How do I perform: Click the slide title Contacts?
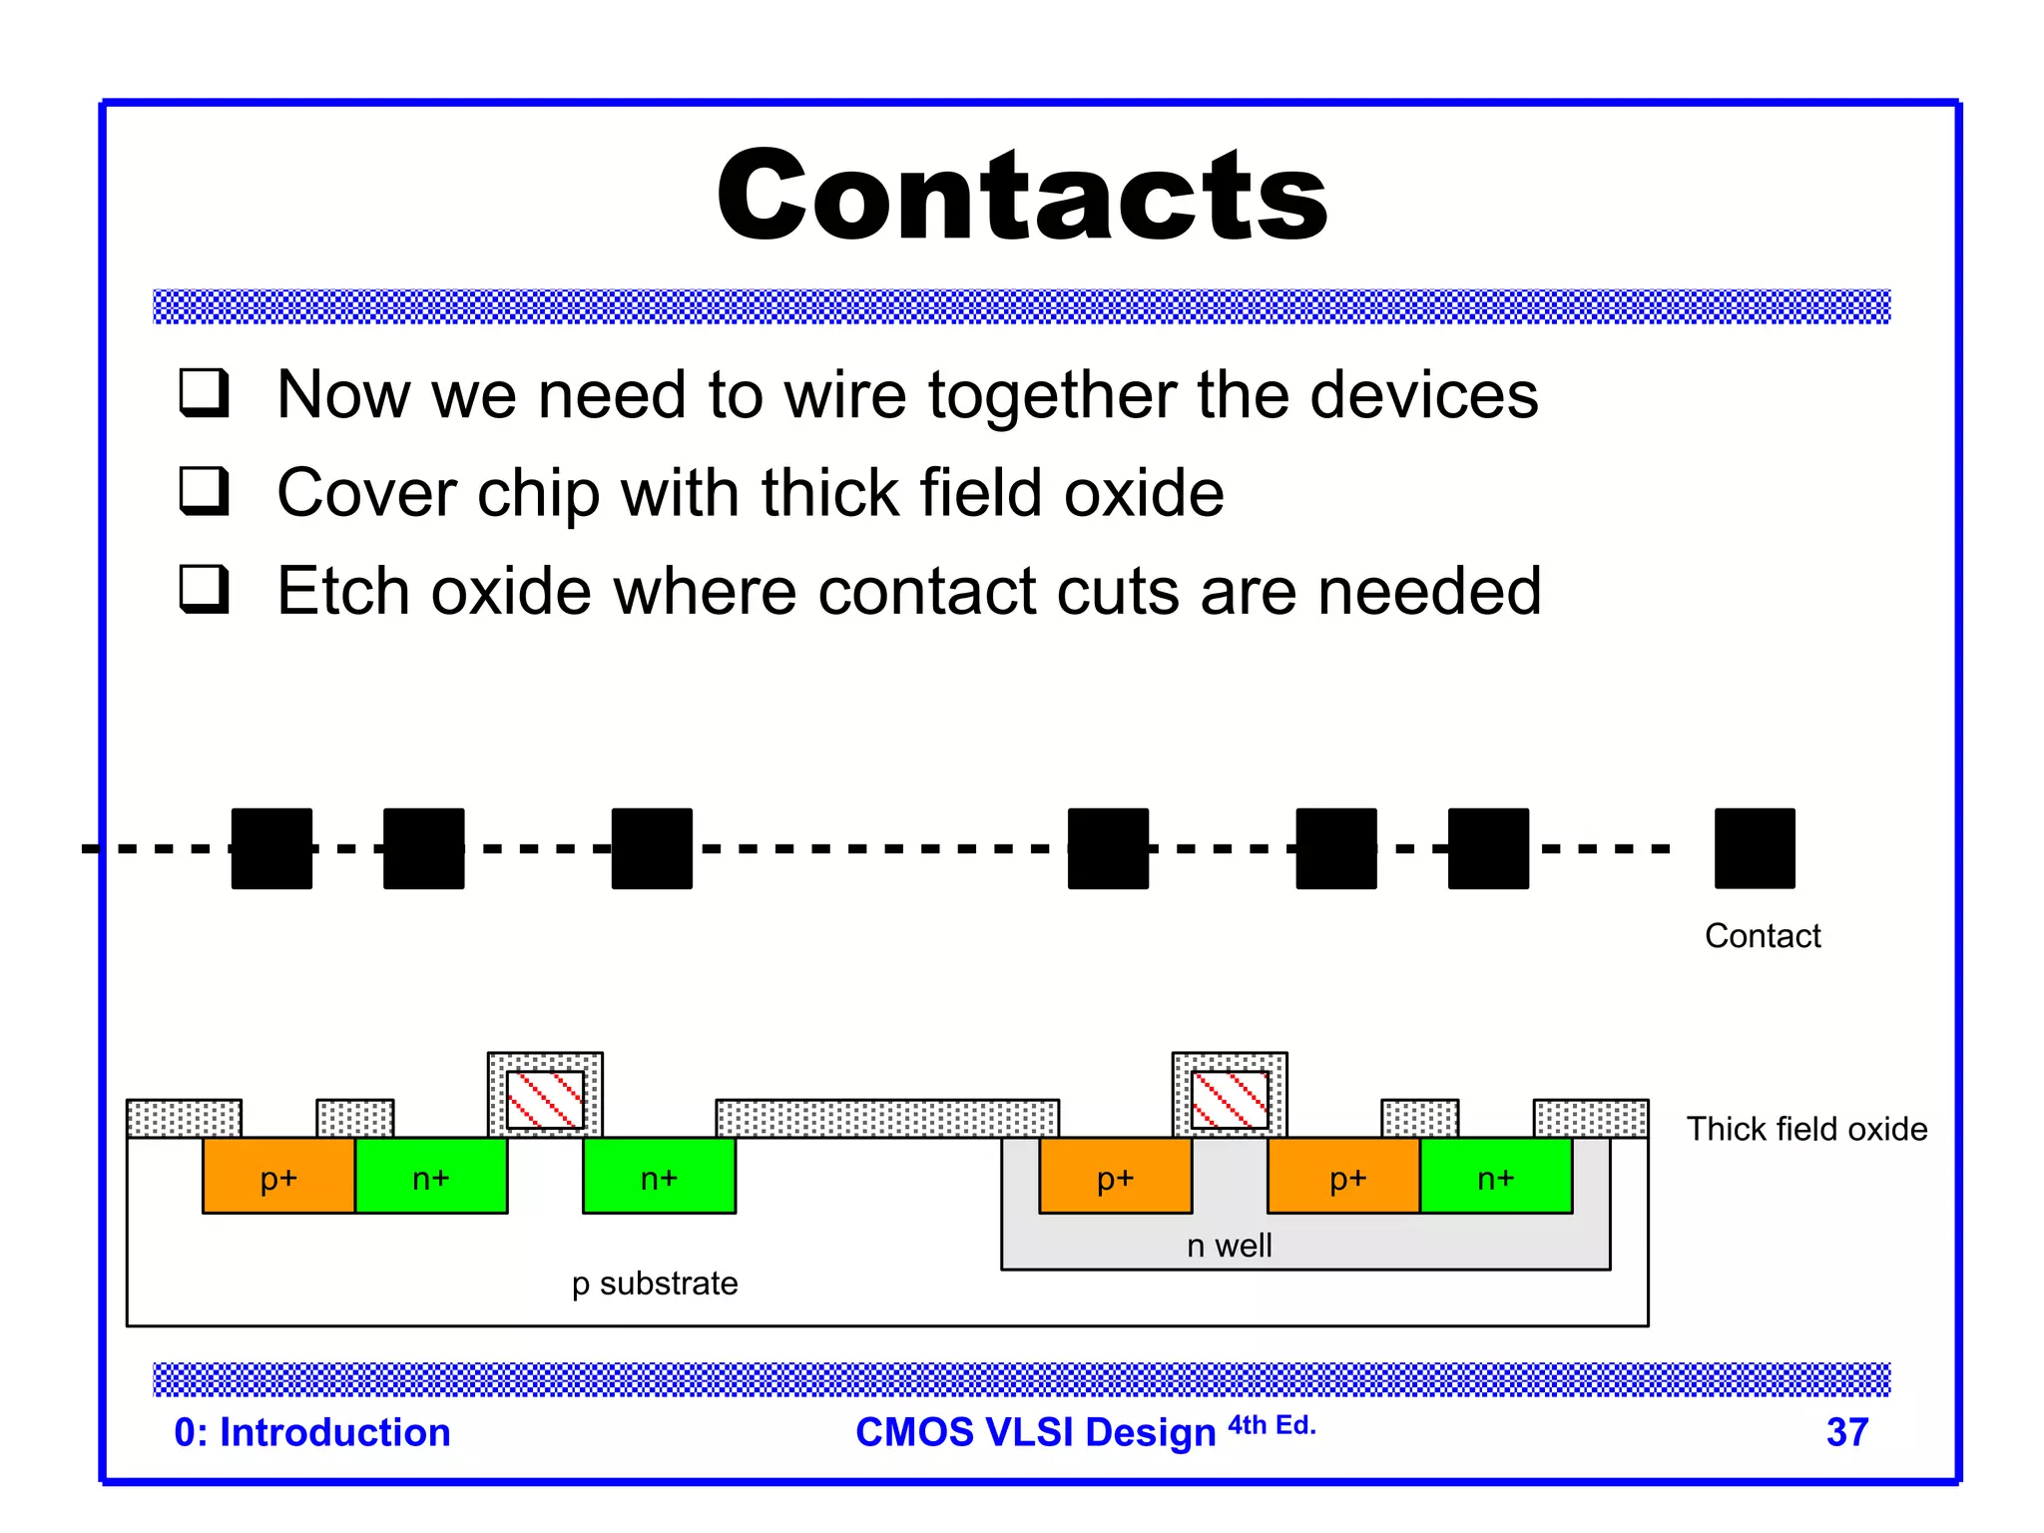pyautogui.click(x=1022, y=196)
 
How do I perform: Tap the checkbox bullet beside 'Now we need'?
pyautogui.click(x=205, y=392)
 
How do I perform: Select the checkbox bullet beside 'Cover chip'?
pyautogui.click(x=205, y=490)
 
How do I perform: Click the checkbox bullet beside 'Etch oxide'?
pyautogui.click(x=205, y=589)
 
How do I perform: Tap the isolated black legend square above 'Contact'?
pyautogui.click(x=1754, y=848)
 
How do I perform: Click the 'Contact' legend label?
pyautogui.click(x=1763, y=936)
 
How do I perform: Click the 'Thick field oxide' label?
pyautogui.click(x=1806, y=1129)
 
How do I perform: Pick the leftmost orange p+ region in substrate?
pyautogui.click(x=278, y=1177)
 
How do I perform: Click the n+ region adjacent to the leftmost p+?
pyautogui.click(x=431, y=1177)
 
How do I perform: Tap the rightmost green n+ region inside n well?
pyautogui.click(x=1495, y=1177)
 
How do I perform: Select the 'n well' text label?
pyautogui.click(x=1229, y=1246)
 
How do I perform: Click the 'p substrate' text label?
pyautogui.click(x=655, y=1283)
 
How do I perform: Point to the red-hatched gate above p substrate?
pyautogui.click(x=545, y=1100)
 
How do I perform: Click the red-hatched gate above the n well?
pyautogui.click(x=1230, y=1100)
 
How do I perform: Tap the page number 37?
pyautogui.click(x=1846, y=1432)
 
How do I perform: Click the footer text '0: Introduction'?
pyautogui.click(x=312, y=1432)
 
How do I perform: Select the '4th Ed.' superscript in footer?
pyautogui.click(x=1272, y=1425)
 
